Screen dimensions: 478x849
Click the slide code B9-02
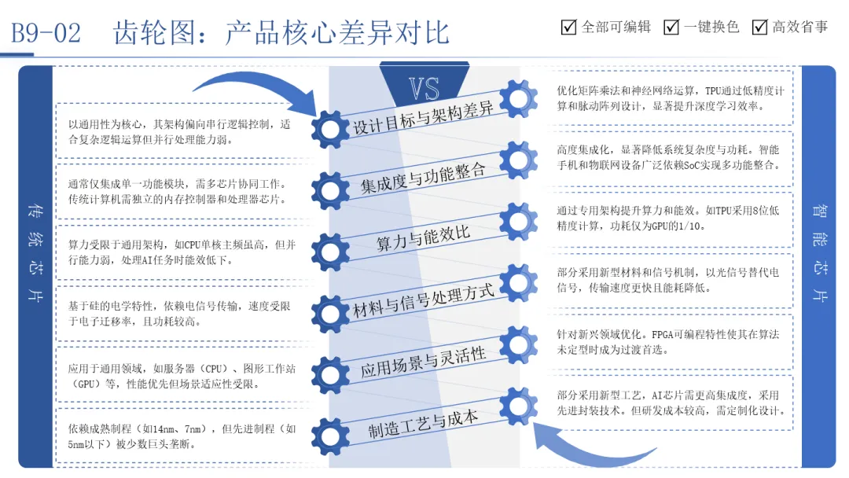click(45, 33)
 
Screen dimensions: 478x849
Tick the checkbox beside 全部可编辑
click(569, 28)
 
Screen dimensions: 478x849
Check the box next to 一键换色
click(671, 28)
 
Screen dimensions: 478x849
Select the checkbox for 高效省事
click(759, 28)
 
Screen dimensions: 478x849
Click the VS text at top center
click(424, 88)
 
